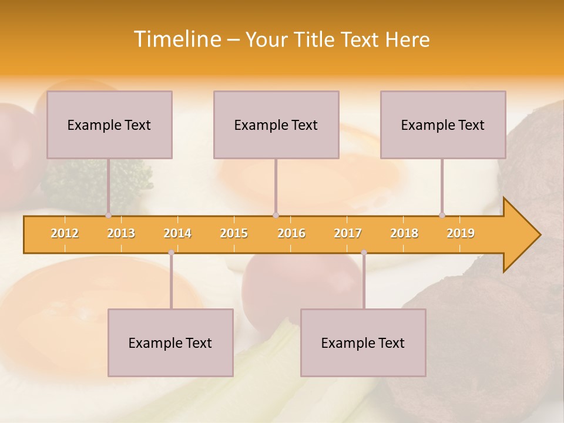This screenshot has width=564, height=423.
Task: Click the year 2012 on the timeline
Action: click(x=65, y=233)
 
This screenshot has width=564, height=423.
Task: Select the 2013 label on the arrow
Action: click(x=121, y=233)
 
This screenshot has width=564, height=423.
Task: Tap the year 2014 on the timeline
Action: click(x=177, y=233)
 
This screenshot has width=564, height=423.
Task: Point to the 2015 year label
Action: click(x=234, y=233)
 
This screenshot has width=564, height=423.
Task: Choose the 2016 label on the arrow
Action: click(x=291, y=233)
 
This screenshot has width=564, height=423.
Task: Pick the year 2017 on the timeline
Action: click(x=348, y=233)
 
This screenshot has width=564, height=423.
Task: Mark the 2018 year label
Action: click(x=404, y=233)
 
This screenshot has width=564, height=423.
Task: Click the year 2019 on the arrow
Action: click(x=461, y=233)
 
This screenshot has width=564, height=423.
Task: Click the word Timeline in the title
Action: click(x=176, y=39)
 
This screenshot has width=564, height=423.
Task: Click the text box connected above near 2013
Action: click(x=109, y=125)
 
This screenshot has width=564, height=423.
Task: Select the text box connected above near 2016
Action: click(x=276, y=125)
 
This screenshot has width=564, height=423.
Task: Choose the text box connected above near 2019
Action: click(x=443, y=125)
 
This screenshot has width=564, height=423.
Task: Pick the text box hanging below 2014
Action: click(x=170, y=343)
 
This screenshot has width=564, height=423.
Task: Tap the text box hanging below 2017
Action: click(x=363, y=343)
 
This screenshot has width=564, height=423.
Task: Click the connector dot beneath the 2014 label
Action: click(x=171, y=253)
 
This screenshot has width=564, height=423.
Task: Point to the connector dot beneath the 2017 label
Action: click(x=364, y=253)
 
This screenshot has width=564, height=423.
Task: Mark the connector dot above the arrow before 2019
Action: click(x=442, y=215)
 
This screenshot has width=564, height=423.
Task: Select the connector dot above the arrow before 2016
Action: click(x=276, y=215)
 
